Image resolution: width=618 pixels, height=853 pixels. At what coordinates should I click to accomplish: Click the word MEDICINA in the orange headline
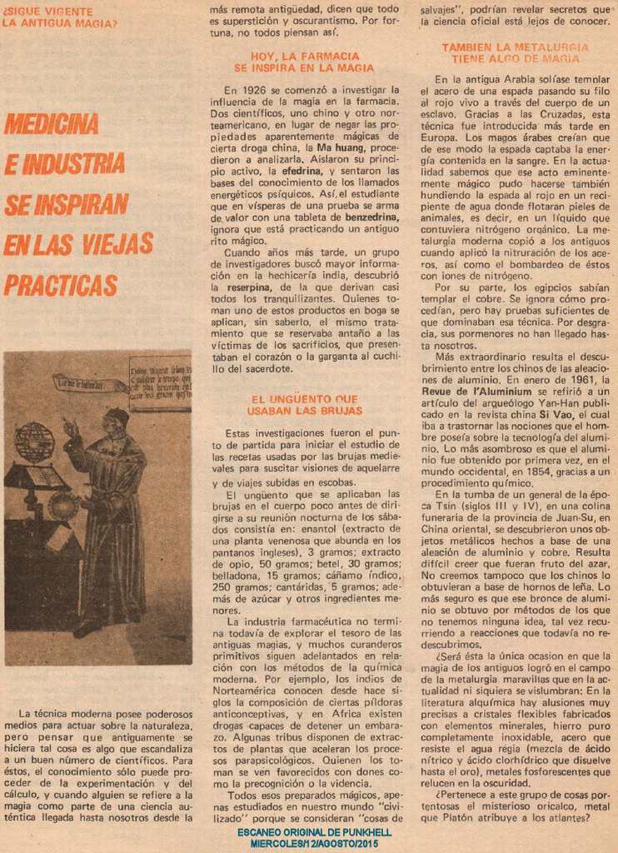click(52, 123)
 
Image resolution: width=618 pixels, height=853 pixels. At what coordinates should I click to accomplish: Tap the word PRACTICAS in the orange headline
click(60, 285)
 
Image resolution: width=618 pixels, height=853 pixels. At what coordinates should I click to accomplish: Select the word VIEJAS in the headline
click(117, 244)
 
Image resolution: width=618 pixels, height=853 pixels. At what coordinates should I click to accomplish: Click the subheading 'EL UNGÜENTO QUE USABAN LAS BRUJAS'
click(304, 405)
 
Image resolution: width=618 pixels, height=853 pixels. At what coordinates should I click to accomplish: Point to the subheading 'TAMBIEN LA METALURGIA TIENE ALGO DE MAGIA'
click(515, 53)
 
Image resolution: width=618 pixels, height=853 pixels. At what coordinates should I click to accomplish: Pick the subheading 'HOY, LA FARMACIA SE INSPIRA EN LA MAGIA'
click(304, 62)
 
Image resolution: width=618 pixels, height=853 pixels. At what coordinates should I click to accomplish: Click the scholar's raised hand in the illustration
click(71, 426)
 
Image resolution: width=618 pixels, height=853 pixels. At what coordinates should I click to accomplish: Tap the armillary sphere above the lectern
click(34, 442)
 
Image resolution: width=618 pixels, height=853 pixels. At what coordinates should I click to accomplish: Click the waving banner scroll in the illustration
click(90, 384)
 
